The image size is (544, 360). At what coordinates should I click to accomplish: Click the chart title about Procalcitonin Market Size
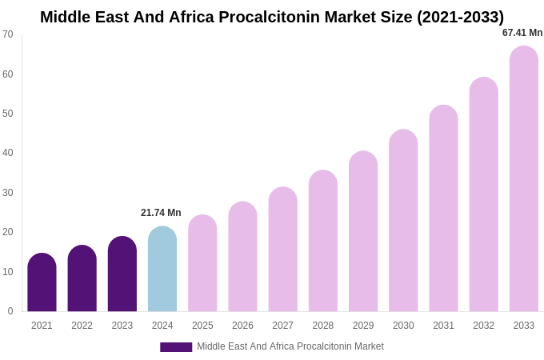coord(272,17)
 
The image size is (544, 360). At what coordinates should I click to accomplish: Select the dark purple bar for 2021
coord(42,282)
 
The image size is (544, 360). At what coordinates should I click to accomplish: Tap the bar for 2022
coord(82,278)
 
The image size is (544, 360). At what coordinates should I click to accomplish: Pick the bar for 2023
coord(122,274)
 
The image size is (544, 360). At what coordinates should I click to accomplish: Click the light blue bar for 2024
coord(162,269)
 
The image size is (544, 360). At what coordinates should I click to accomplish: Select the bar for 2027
coord(282,250)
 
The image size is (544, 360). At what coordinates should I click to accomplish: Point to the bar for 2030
coord(403,221)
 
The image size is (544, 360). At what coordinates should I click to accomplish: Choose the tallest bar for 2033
coord(524,179)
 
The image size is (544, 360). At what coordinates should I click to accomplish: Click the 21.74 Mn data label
coord(161,213)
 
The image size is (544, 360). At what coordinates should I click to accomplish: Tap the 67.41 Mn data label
coord(522,33)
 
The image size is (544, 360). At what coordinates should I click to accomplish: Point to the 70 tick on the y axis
coord(8,34)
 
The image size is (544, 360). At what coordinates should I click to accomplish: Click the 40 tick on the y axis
coord(8,153)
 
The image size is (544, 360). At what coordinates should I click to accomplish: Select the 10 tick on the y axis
coord(8,272)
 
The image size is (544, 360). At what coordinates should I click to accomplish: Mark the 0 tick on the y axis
coord(10,311)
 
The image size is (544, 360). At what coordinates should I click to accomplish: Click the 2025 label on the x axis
coord(202,326)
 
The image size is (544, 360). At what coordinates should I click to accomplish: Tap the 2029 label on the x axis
coord(363,326)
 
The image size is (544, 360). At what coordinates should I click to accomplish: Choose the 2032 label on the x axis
coord(483,326)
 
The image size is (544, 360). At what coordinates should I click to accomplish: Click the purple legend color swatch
coord(176,347)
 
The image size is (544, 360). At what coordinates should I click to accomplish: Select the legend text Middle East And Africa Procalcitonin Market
coord(290,346)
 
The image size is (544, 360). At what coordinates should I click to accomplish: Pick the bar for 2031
coord(443,209)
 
